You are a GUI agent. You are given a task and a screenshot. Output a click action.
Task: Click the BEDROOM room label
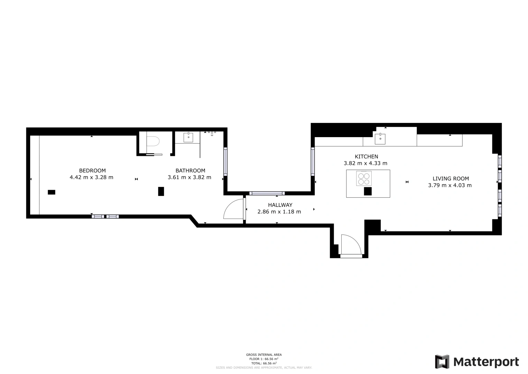click(x=92, y=170)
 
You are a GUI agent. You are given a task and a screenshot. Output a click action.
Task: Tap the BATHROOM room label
click(x=190, y=170)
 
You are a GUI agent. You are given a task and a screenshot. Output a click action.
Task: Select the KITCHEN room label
click(x=366, y=157)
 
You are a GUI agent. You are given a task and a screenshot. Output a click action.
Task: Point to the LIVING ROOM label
click(x=451, y=179)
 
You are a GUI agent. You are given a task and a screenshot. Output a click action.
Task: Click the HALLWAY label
click(x=280, y=205)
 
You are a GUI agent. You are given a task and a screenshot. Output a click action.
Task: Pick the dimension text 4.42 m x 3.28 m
click(x=91, y=177)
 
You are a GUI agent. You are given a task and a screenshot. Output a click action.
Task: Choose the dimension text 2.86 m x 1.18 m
click(x=279, y=212)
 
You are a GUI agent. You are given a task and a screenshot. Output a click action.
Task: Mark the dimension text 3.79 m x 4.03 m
click(x=450, y=185)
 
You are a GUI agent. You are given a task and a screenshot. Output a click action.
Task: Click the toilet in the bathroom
click(x=152, y=142)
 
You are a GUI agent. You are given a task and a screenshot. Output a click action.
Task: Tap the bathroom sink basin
click(x=188, y=137)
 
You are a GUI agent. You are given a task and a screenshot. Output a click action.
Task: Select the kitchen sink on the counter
click(x=380, y=139)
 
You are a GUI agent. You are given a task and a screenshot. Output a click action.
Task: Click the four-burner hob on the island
click(x=364, y=178)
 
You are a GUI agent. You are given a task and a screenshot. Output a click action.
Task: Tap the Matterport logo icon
click(x=442, y=362)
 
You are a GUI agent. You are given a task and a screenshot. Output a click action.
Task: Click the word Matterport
click(x=486, y=362)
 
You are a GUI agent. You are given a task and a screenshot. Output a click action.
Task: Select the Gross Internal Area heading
click(x=264, y=355)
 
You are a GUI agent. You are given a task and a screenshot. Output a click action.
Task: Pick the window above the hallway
click(x=267, y=193)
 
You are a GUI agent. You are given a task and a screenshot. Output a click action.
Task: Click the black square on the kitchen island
click(x=368, y=191)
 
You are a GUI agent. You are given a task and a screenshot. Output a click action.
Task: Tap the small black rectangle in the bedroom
click(x=52, y=192)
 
